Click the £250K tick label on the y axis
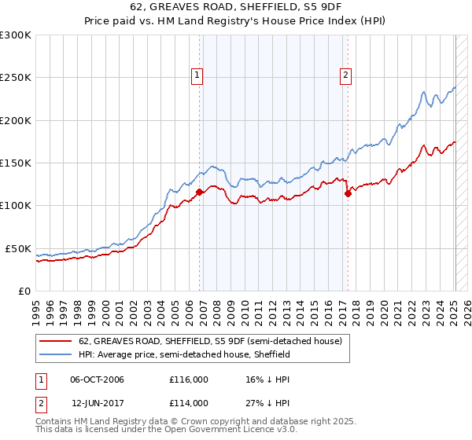coord(16,78)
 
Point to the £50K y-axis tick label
coord(18,248)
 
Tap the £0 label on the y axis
coord(25,291)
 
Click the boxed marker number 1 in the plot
coord(197,75)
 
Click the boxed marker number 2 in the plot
coord(345,75)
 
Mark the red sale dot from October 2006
coord(200,192)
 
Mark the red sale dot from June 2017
coord(348,193)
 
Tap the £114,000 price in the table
coord(188,402)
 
